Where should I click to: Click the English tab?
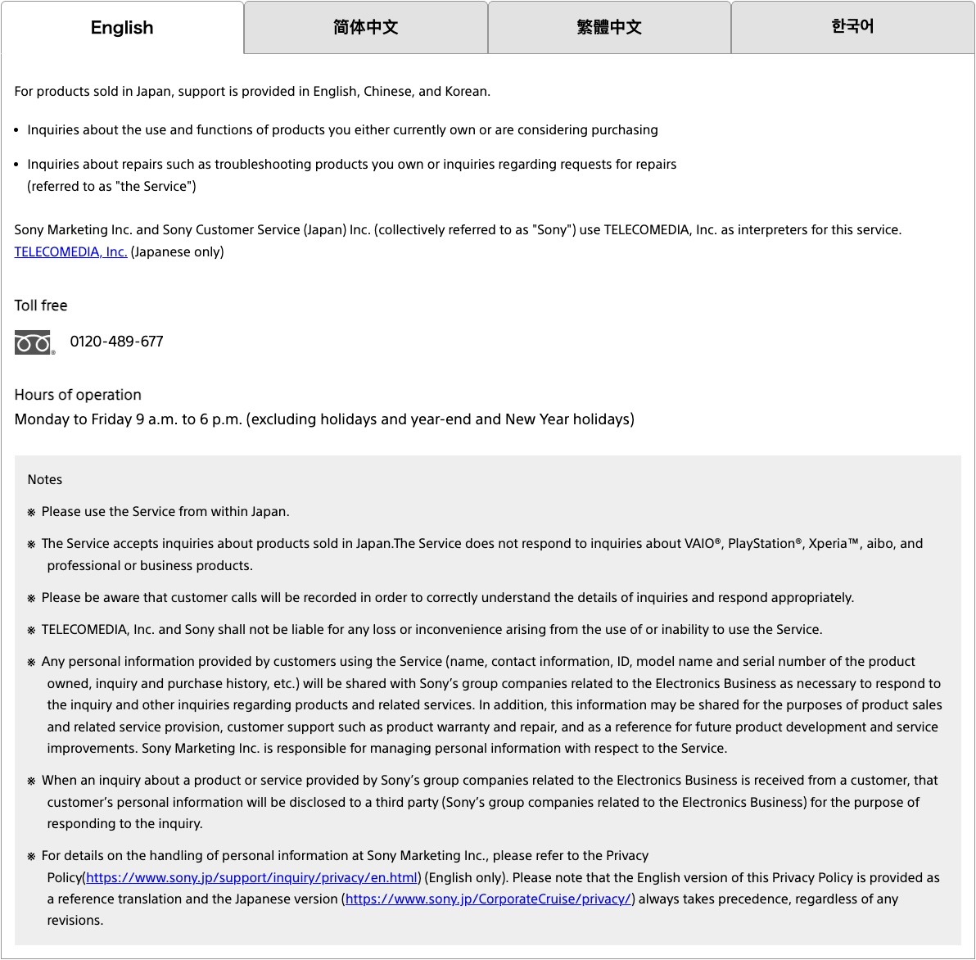tap(122, 28)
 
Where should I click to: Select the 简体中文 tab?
tap(365, 28)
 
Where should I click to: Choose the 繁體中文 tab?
tap(609, 28)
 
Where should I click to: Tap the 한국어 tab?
tap(852, 28)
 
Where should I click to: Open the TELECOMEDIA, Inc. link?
tap(70, 252)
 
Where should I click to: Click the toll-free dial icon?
tap(34, 342)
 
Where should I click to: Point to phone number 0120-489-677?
tap(116, 342)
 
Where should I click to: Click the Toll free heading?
tap(41, 306)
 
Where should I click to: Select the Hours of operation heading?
tap(78, 395)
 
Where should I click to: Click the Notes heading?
tap(45, 480)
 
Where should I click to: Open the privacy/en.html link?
tap(251, 878)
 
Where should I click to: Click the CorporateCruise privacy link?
tap(488, 899)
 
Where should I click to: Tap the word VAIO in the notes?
tap(699, 544)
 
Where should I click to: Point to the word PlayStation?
tap(761, 544)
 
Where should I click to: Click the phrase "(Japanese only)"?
tap(177, 252)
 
